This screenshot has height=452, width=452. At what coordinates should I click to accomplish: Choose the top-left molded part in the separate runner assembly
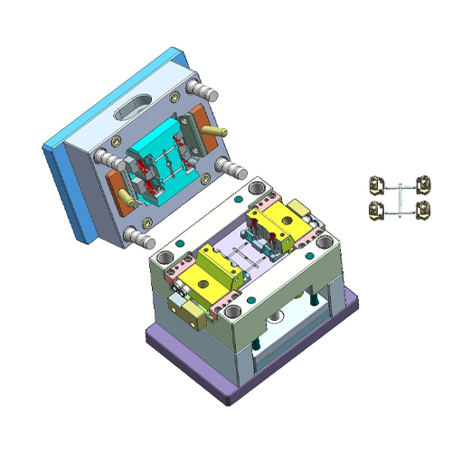(x=375, y=187)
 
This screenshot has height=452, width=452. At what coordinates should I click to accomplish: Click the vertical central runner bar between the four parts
(x=399, y=200)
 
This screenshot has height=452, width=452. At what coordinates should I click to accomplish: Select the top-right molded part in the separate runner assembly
(x=422, y=187)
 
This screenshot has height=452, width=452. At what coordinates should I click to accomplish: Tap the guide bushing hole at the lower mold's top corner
(x=259, y=189)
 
